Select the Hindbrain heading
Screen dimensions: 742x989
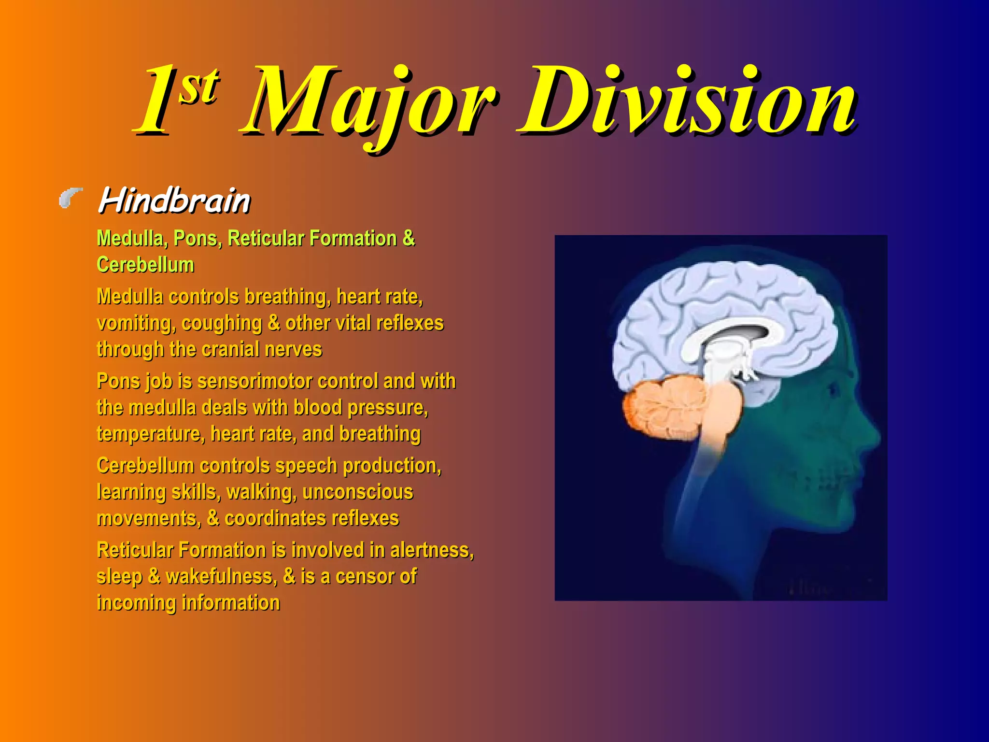click(x=174, y=200)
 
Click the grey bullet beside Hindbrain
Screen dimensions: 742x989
click(x=71, y=198)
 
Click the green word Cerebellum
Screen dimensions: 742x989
click(x=145, y=265)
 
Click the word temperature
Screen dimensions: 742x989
click(x=149, y=434)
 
